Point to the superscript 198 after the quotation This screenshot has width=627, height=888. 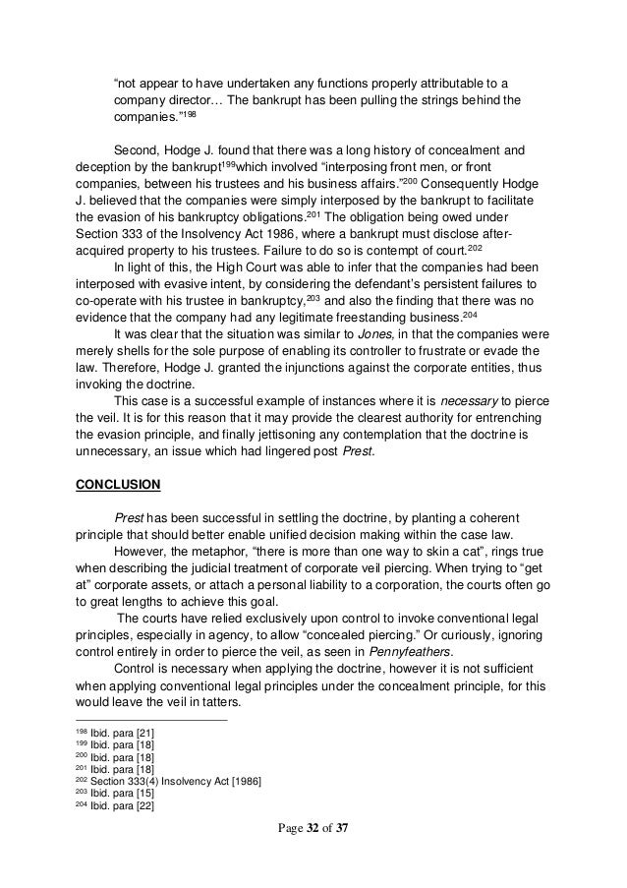coord(187,114)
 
